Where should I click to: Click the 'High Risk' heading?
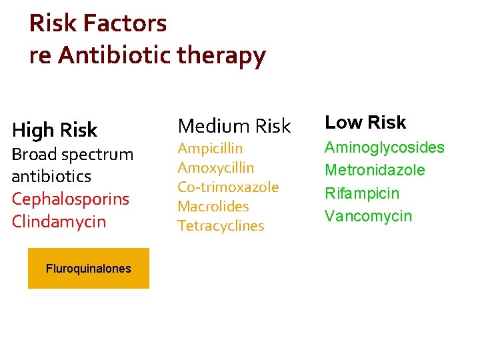point(55,129)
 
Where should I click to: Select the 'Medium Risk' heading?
point(234,125)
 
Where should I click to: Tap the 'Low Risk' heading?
point(365,123)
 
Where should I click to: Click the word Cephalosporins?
point(71,199)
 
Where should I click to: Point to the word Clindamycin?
point(59,221)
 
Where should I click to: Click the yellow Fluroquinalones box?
point(89,269)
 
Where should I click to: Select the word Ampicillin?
point(210,148)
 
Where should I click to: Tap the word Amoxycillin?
point(215,167)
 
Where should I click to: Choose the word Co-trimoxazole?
point(228,187)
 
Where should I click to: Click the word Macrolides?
point(213,206)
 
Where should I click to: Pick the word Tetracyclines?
point(221,225)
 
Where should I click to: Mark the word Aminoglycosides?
point(384,147)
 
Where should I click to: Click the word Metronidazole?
point(374,170)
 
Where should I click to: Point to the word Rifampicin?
point(362,193)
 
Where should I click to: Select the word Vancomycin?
point(368,216)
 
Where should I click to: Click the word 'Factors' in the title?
point(125,24)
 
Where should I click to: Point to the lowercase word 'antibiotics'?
point(51,177)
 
